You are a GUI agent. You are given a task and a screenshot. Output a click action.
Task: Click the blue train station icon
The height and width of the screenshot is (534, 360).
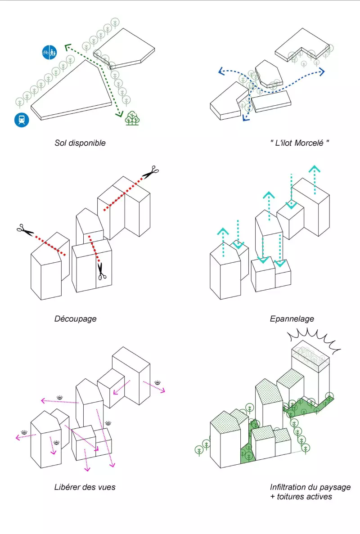[x=22, y=120]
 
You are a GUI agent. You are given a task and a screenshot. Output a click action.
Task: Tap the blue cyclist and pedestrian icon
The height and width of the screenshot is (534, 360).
[x=49, y=53]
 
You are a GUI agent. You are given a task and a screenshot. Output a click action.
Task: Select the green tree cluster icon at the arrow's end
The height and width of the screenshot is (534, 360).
[x=132, y=118]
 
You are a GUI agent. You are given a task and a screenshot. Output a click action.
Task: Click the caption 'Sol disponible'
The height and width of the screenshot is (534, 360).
[x=80, y=143]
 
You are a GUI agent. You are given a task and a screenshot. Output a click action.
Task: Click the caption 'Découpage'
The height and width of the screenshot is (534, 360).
[x=75, y=319]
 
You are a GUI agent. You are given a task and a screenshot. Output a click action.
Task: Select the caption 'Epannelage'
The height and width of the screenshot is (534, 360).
[x=292, y=319]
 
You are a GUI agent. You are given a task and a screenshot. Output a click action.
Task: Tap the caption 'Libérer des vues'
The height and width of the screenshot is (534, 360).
[x=85, y=487]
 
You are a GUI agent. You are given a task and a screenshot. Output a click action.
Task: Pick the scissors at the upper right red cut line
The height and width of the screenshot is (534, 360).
[x=152, y=171]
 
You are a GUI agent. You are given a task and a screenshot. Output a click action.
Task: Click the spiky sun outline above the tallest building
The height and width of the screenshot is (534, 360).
[x=315, y=338]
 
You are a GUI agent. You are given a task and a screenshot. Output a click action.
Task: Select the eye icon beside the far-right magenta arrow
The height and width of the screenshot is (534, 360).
[x=157, y=383]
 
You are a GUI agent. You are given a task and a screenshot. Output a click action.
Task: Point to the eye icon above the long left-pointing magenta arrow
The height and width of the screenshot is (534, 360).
[x=59, y=398]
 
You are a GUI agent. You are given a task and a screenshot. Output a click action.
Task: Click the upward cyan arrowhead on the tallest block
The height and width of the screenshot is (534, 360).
[x=314, y=169]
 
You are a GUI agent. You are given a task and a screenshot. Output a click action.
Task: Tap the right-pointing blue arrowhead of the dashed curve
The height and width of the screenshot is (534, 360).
[x=321, y=72]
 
